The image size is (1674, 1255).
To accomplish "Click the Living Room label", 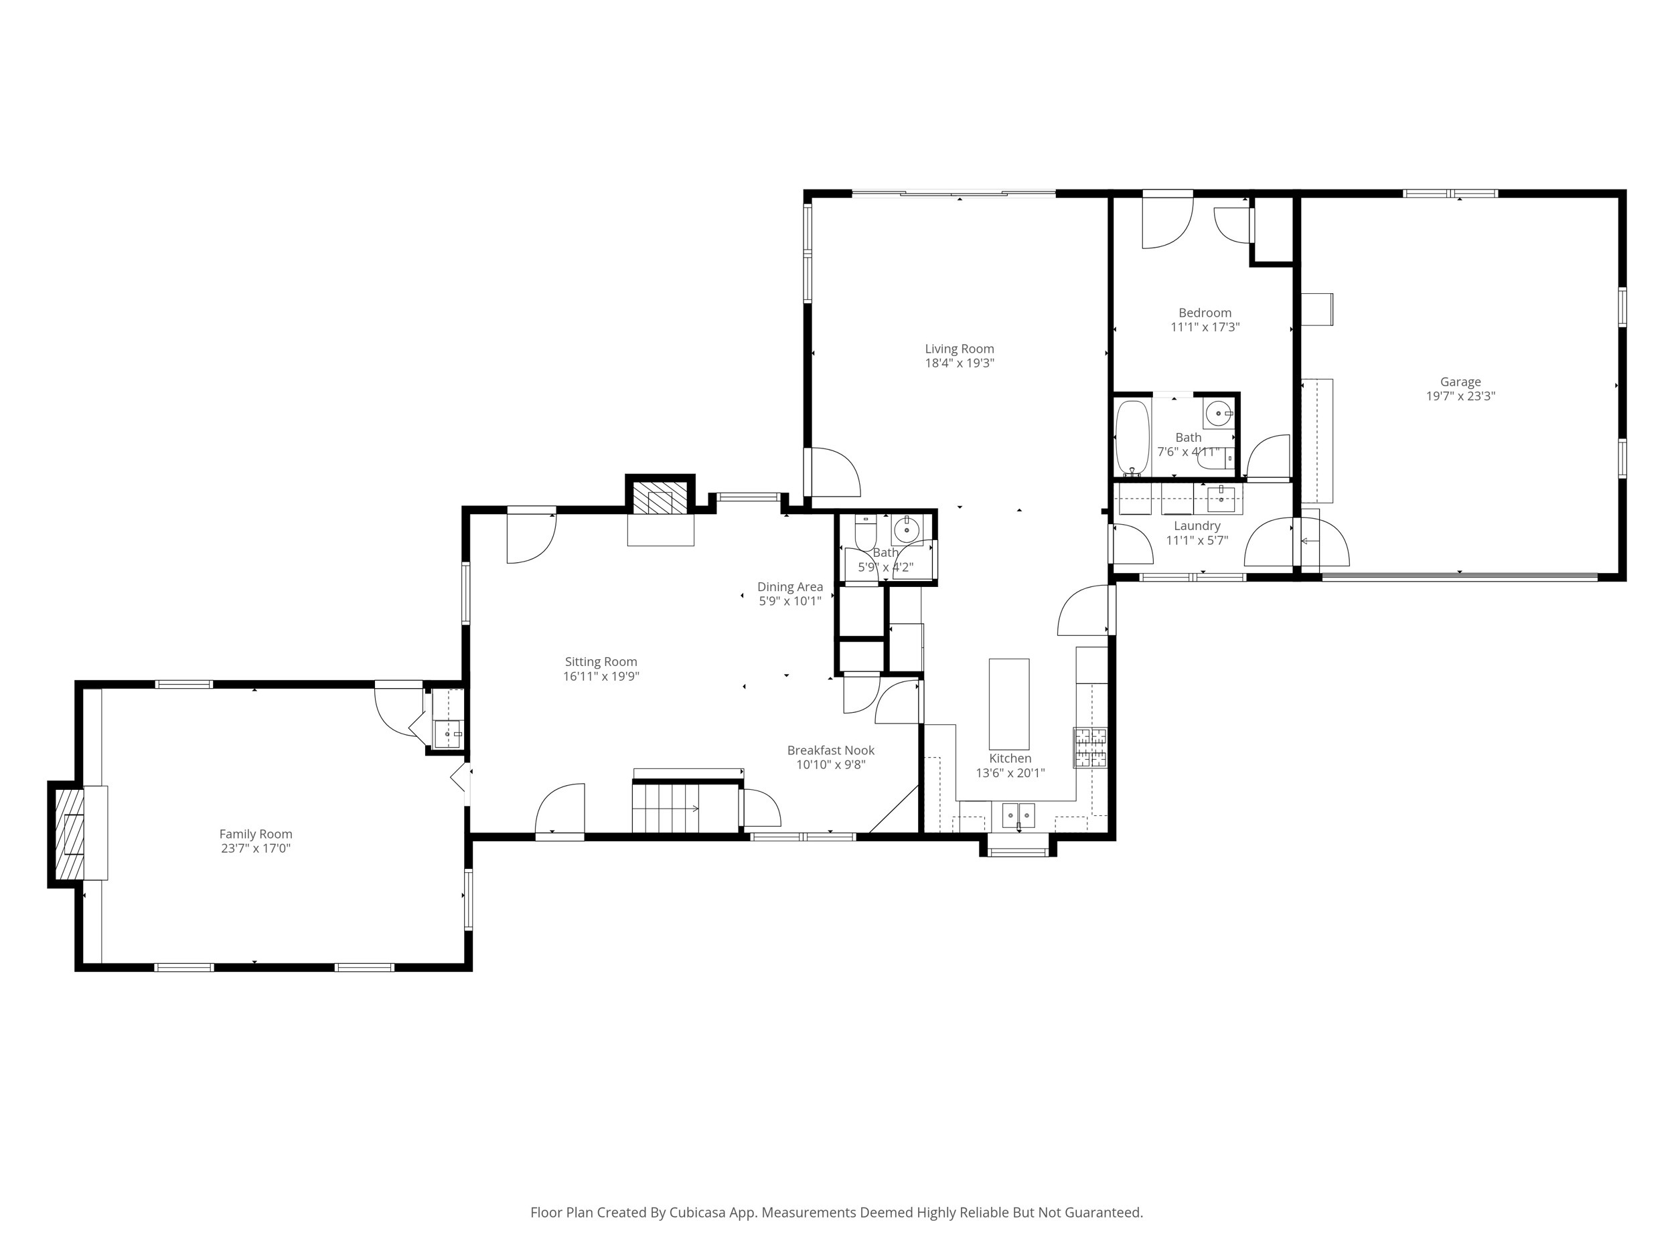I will (959, 349).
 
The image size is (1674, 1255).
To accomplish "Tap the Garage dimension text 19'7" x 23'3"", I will (1460, 396).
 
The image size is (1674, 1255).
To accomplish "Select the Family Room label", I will (256, 833).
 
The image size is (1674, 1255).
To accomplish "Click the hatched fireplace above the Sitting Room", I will (653, 501).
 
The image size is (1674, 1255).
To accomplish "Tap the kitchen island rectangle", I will (1009, 703).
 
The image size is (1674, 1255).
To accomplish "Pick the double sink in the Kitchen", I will (1018, 816).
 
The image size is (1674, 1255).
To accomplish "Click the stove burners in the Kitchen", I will (1091, 748).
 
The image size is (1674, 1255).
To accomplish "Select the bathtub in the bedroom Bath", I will (1133, 437).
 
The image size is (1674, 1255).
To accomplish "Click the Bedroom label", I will (1205, 313).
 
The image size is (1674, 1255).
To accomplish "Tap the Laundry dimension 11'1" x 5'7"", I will (1197, 540).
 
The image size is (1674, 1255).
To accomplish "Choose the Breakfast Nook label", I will (830, 750).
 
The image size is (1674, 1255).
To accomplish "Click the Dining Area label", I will (790, 586).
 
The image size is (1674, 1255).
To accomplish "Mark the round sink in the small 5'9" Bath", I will (906, 531).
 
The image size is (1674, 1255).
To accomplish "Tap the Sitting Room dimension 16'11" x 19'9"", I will (601, 676).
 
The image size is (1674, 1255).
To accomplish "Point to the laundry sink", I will (1221, 497).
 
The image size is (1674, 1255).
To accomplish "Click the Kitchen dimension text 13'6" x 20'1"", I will (1010, 773).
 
